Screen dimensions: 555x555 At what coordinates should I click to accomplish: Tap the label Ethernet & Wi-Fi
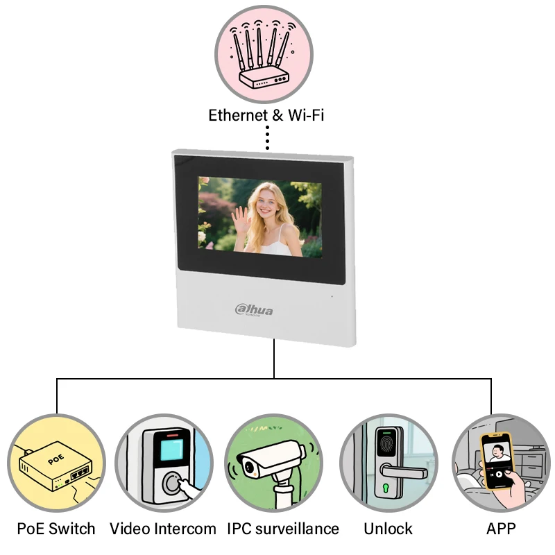(x=266, y=114)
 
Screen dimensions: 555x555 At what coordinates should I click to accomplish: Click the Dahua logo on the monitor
(x=254, y=310)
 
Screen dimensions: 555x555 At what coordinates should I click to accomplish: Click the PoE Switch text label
(x=56, y=529)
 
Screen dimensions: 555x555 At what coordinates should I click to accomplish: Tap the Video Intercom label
(x=163, y=529)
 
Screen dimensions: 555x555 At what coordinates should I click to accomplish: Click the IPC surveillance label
(x=283, y=529)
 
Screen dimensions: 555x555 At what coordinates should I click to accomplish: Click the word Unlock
(x=388, y=529)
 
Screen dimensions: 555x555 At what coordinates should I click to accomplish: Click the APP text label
(x=501, y=529)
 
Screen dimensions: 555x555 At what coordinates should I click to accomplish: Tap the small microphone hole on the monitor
(x=331, y=297)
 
